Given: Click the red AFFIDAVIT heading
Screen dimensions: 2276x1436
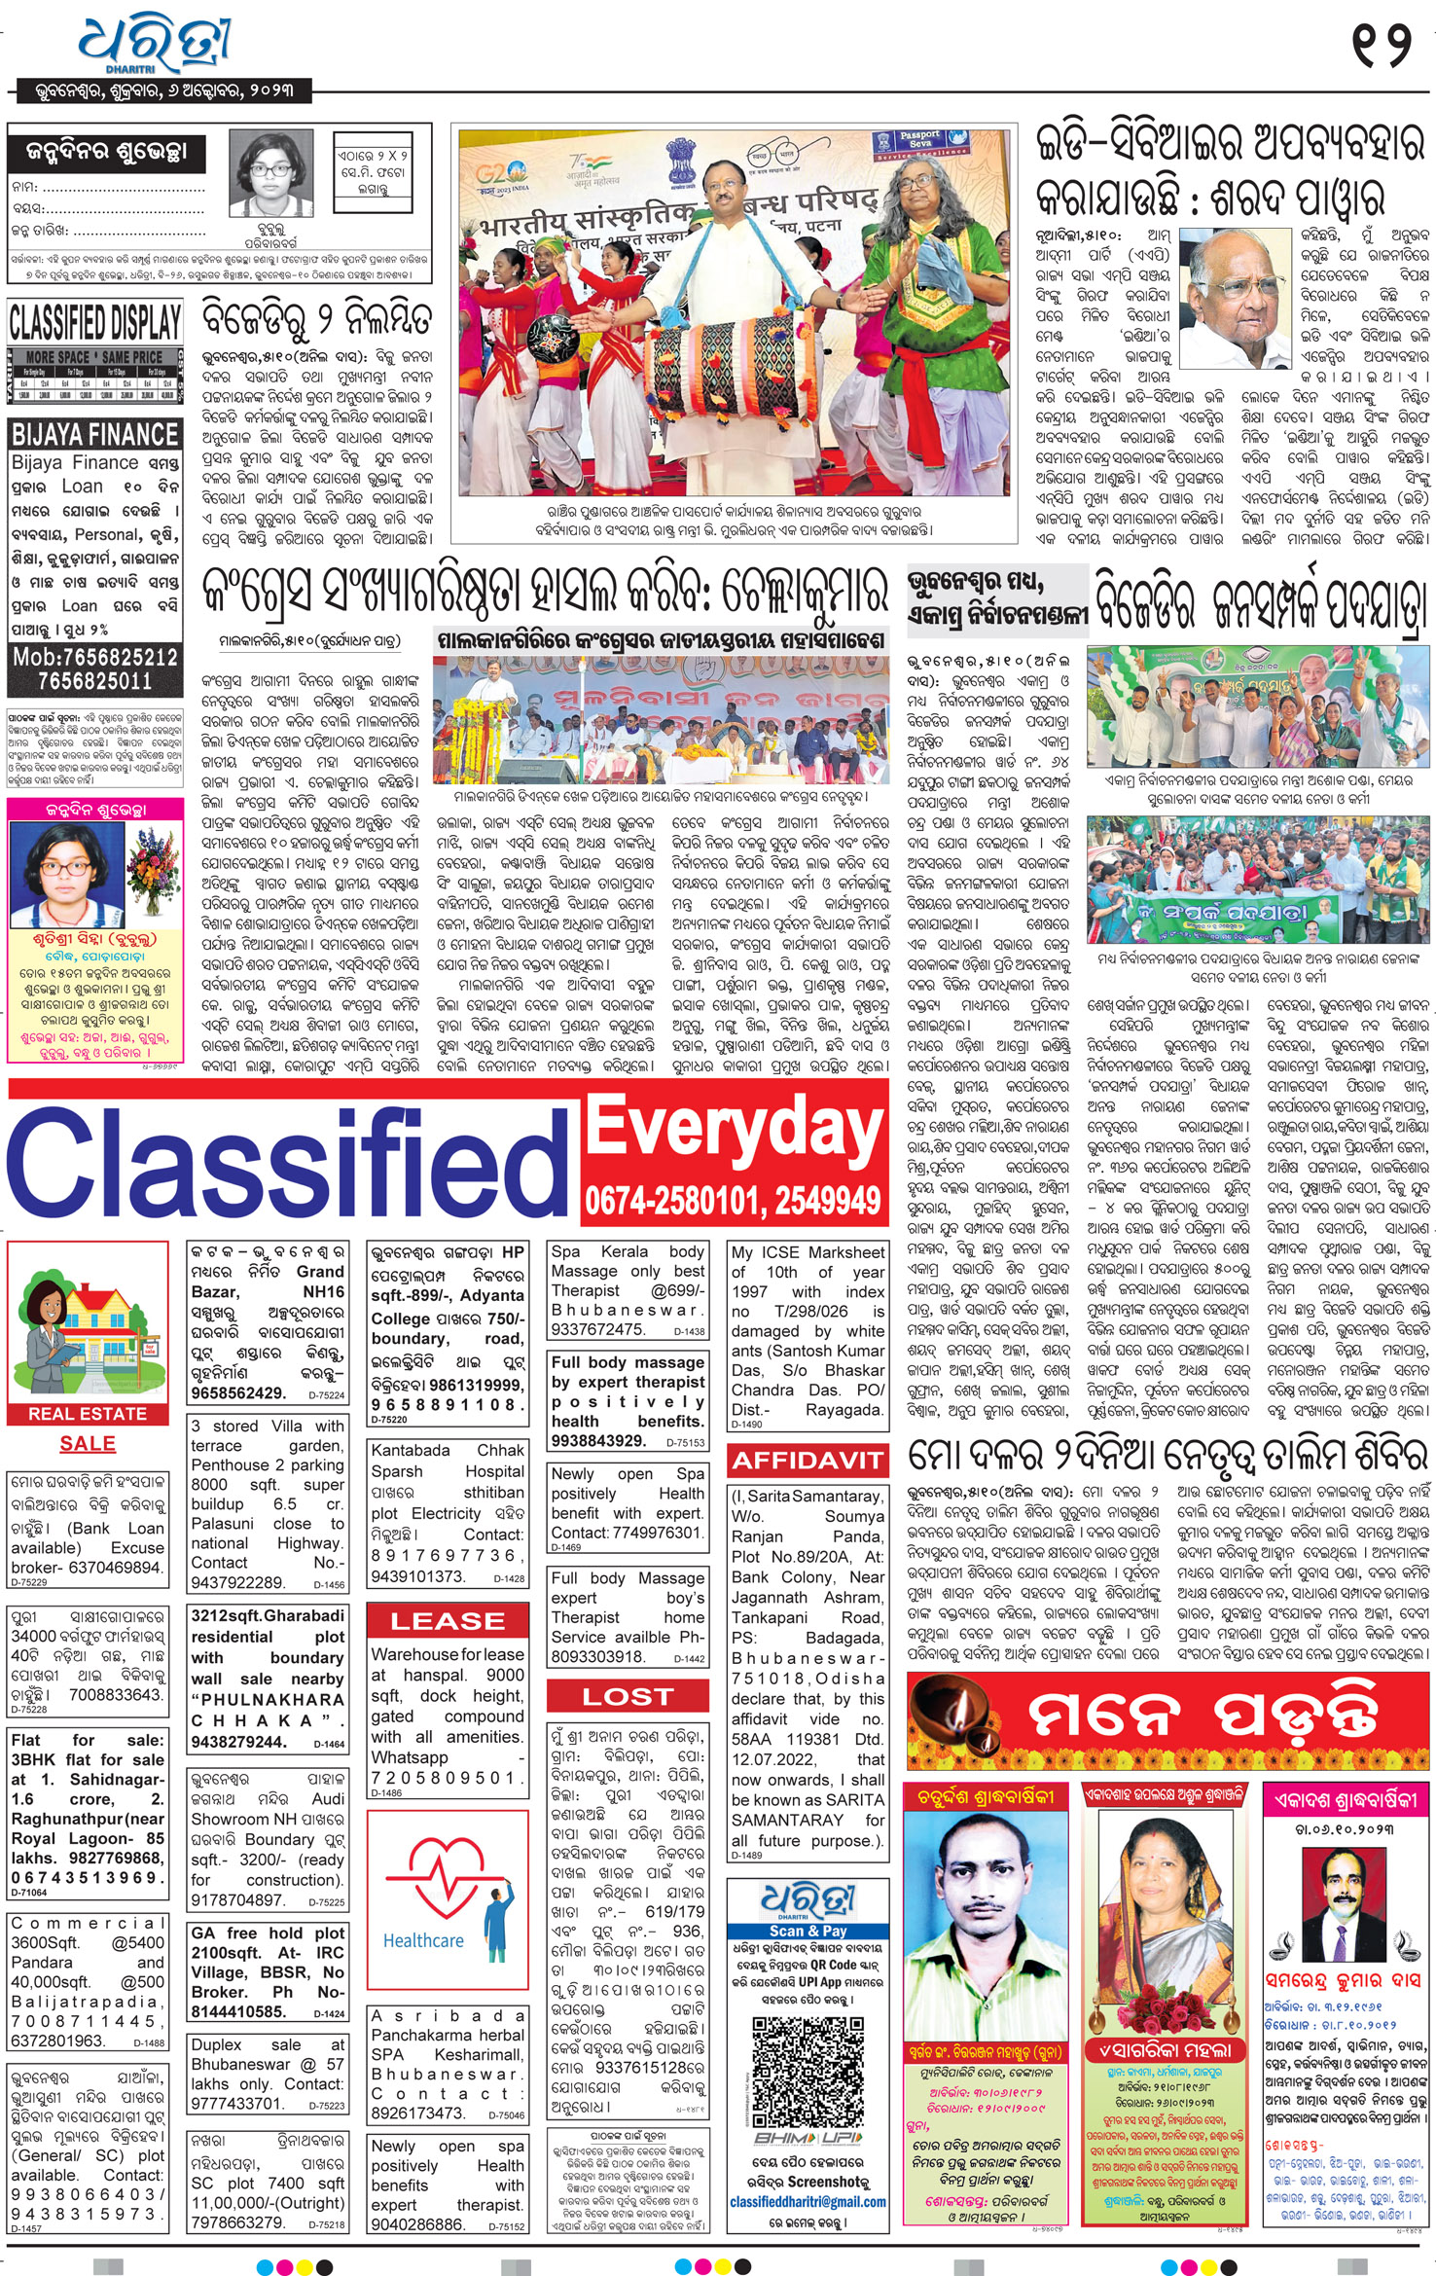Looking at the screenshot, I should point(808,1460).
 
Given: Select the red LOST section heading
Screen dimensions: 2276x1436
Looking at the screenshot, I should point(628,1696).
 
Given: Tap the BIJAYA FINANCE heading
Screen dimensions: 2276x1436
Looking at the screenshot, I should point(94,434).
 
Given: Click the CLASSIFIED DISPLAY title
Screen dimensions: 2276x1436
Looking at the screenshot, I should point(94,321).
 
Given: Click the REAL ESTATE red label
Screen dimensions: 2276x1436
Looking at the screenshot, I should point(87,1414).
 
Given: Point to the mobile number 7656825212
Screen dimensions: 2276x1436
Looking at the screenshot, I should point(94,658).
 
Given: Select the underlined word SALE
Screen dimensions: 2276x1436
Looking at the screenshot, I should point(87,1444).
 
